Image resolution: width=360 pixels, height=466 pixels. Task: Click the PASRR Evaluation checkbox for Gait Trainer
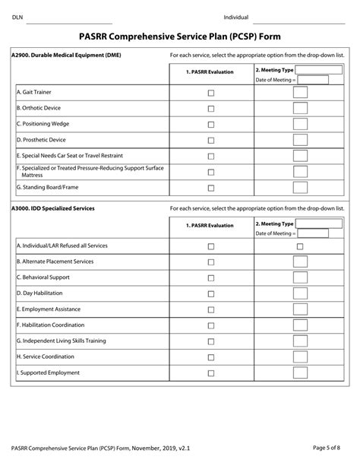coord(211,93)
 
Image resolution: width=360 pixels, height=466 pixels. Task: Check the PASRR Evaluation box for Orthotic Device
coord(211,109)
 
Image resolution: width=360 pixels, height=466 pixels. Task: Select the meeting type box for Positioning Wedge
coord(300,124)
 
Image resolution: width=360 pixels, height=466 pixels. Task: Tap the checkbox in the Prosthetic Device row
coord(211,140)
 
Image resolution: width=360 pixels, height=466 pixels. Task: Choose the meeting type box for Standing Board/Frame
coord(300,188)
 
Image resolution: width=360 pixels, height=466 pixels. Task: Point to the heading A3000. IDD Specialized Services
coord(53,208)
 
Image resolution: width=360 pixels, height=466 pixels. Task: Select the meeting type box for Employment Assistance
coord(300,309)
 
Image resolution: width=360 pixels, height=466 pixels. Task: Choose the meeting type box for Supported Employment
coord(300,373)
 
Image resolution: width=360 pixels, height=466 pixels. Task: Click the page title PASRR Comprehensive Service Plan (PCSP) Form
coord(179,35)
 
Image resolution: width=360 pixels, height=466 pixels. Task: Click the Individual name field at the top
coord(300,17)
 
